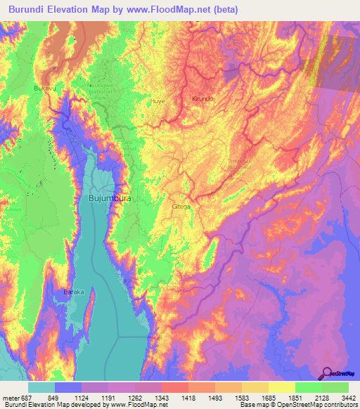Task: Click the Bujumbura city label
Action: pos(110,199)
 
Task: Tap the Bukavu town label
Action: pos(44,89)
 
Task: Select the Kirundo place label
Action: pos(202,99)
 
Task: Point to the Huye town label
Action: pos(156,101)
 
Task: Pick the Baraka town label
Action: pos(74,291)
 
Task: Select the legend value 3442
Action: pos(347,397)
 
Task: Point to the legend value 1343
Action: pos(161,397)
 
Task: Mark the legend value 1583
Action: pos(241,397)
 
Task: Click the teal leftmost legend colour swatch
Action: pos(41,387)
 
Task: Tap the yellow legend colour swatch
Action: pos(282,387)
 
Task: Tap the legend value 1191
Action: pos(108,397)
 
